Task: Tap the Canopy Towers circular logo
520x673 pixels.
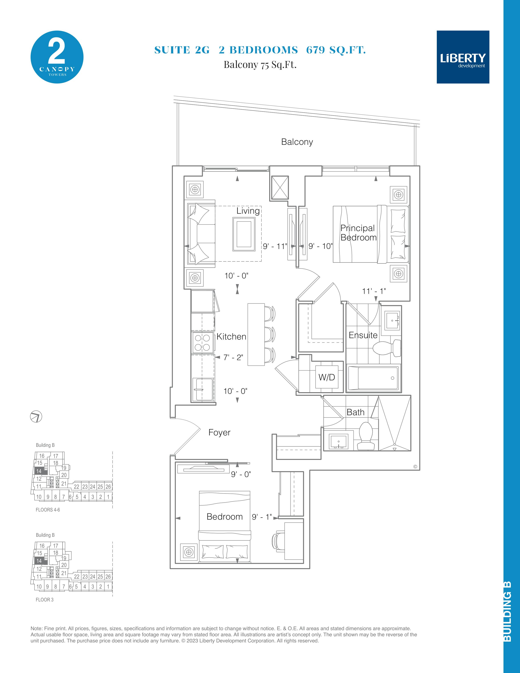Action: [57, 57]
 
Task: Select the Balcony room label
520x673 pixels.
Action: [297, 142]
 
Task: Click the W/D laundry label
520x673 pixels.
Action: [326, 377]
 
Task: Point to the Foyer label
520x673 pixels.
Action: [219, 432]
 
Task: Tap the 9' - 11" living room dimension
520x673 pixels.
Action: [275, 246]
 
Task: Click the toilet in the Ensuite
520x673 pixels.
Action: [387, 348]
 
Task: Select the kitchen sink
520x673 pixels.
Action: [202, 390]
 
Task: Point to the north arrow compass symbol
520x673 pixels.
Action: [36, 417]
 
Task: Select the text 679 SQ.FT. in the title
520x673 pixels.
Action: [336, 50]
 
